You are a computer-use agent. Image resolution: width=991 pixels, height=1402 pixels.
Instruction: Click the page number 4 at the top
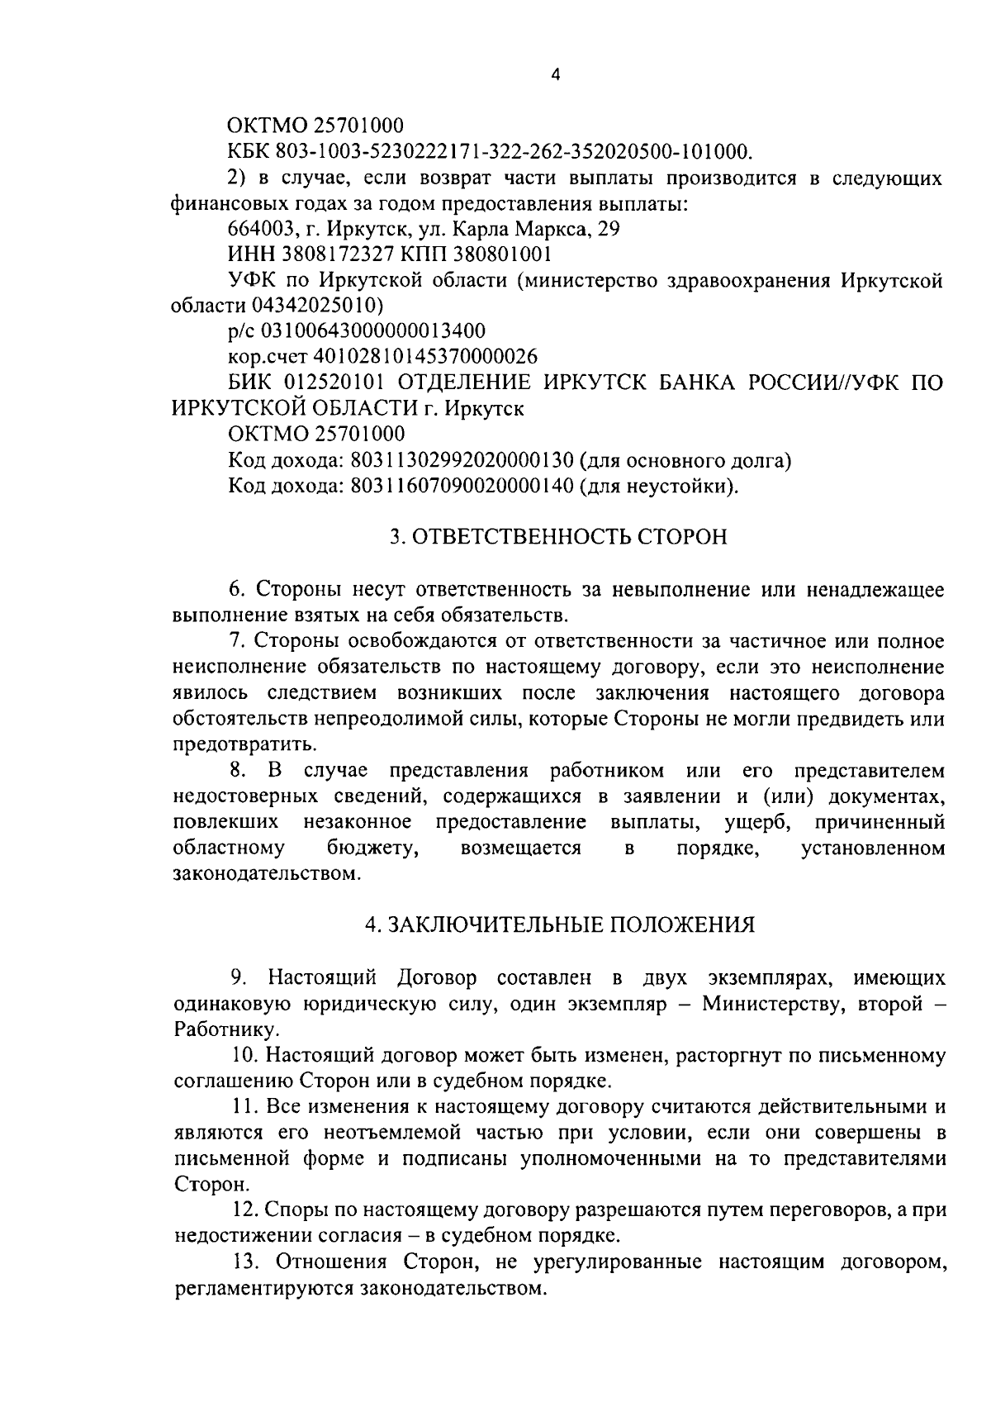[x=555, y=74]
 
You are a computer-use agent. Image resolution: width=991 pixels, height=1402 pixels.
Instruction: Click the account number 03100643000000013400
[x=372, y=331]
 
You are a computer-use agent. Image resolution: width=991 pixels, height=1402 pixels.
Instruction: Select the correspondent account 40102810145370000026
[x=424, y=357]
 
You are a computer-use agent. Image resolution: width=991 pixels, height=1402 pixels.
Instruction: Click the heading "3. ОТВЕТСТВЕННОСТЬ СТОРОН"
[x=558, y=538]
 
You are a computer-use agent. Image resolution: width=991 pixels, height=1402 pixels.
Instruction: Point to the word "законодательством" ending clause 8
[x=265, y=873]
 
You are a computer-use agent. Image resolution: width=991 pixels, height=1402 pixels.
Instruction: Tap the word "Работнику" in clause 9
[x=225, y=1029]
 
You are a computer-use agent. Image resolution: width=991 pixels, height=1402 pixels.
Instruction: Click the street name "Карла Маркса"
[x=534, y=229]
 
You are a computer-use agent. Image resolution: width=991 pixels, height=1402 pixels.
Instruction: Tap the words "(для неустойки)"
[x=659, y=486]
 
